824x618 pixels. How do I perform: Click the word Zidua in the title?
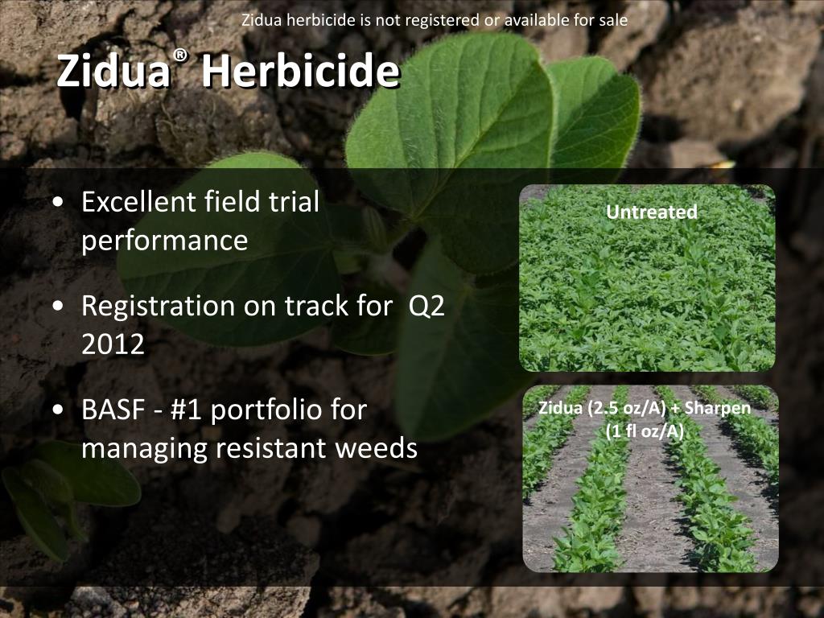(x=113, y=73)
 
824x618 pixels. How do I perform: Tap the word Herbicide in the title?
(x=299, y=73)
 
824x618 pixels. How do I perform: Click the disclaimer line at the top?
(x=435, y=19)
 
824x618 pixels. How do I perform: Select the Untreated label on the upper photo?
(x=651, y=212)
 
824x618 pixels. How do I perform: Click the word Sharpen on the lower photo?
(x=722, y=408)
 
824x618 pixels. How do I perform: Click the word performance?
(x=164, y=241)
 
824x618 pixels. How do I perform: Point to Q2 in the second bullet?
(x=426, y=306)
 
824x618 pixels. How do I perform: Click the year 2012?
(x=113, y=344)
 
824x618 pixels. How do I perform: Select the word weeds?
(x=378, y=448)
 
